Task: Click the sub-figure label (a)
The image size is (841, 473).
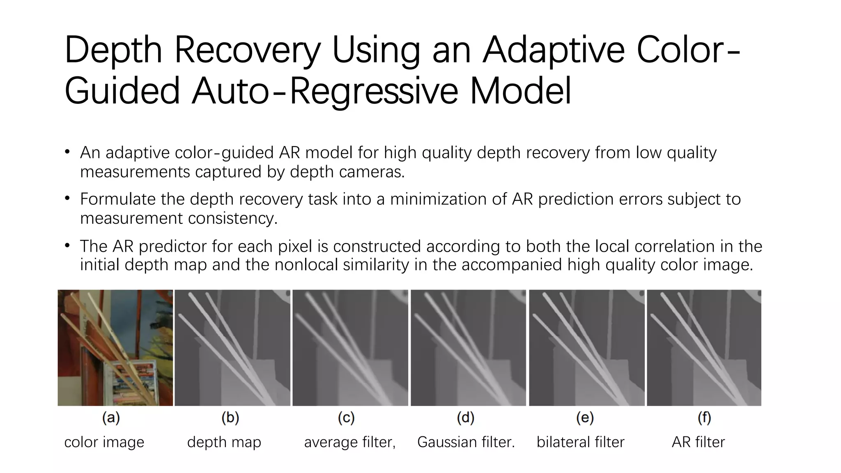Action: (x=111, y=418)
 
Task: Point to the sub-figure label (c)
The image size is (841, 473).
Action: (x=346, y=418)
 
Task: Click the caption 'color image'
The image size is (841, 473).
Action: (x=104, y=442)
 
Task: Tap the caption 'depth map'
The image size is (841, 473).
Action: (x=224, y=442)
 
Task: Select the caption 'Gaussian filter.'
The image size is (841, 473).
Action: (x=466, y=442)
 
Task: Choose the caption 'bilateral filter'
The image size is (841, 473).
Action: (x=580, y=442)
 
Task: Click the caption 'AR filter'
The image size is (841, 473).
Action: (x=698, y=442)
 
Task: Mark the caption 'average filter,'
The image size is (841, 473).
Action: (x=349, y=442)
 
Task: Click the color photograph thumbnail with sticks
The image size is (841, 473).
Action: (x=115, y=348)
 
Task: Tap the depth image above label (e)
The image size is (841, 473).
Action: (x=586, y=348)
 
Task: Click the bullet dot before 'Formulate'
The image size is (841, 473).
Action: (x=67, y=199)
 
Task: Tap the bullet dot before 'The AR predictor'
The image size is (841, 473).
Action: (x=67, y=246)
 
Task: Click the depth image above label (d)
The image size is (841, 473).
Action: (x=468, y=348)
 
